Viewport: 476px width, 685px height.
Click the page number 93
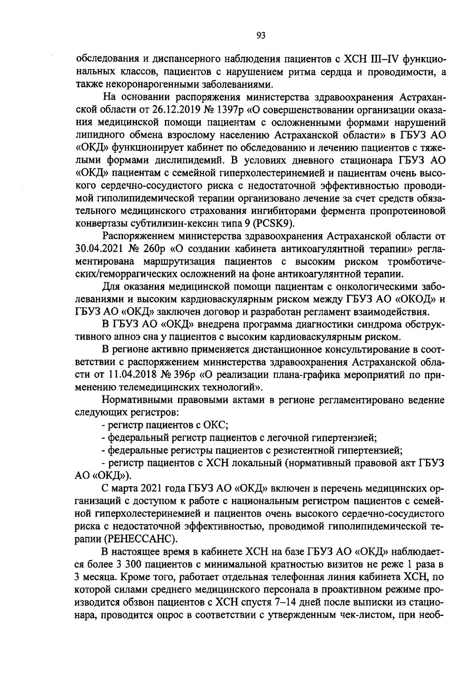click(261, 36)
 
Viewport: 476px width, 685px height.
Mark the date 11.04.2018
click(132, 374)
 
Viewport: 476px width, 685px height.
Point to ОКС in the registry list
click(215, 425)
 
